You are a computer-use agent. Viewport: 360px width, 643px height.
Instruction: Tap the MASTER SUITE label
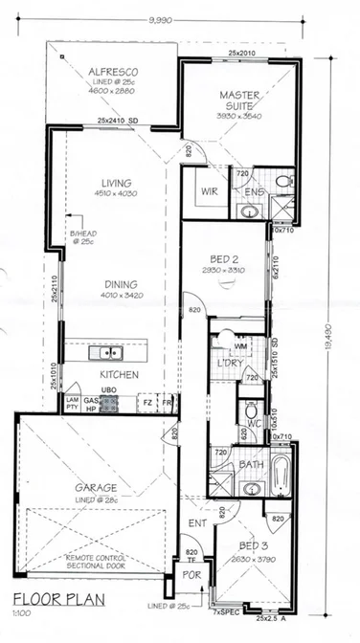coord(240,100)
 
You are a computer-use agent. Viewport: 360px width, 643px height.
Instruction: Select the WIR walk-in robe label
coord(211,190)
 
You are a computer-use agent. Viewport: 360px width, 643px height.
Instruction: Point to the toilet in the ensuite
coord(281,181)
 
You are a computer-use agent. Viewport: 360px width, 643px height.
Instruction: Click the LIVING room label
coord(116,183)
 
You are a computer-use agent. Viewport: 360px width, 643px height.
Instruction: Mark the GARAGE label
coord(96,487)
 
